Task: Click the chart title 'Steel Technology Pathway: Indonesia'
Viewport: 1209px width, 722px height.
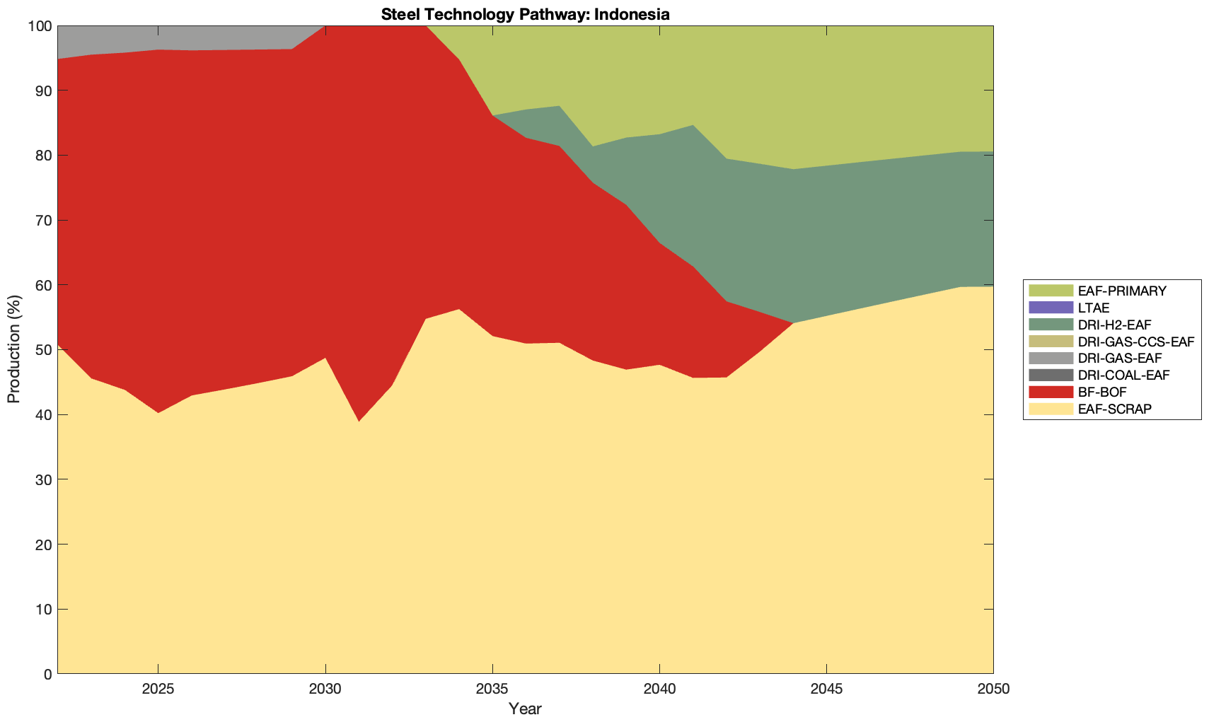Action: [525, 13]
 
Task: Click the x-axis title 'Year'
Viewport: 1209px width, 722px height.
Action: [525, 709]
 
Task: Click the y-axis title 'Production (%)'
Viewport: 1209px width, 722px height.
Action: [13, 349]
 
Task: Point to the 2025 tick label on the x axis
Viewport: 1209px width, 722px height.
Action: [158, 689]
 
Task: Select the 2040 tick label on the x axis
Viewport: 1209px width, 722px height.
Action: [659, 689]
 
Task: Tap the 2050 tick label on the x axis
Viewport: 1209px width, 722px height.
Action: [993, 689]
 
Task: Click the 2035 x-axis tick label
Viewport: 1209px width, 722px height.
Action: [492, 689]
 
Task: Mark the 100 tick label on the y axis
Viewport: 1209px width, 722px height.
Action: [40, 26]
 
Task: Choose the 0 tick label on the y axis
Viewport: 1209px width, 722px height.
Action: [47, 674]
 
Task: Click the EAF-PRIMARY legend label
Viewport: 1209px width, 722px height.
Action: [1122, 291]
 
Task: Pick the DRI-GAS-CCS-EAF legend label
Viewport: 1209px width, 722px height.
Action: [1135, 342]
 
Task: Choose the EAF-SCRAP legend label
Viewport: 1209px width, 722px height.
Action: [1114, 409]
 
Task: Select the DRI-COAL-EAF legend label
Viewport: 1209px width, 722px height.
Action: [1123, 375]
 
